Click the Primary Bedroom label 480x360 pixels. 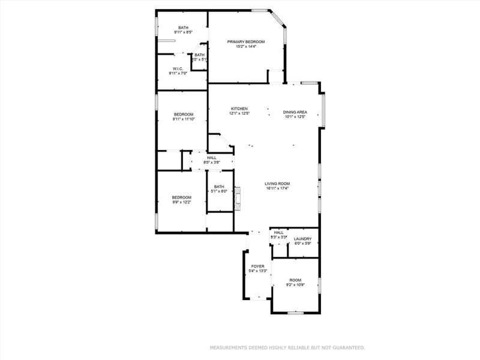246,41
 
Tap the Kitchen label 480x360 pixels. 239,109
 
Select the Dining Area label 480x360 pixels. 295,112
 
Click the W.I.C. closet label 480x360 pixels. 178,68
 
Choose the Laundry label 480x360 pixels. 302,239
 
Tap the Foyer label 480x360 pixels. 257,266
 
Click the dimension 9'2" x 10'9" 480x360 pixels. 295,285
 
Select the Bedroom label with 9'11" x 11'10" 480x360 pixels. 184,114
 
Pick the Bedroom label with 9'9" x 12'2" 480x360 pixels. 181,197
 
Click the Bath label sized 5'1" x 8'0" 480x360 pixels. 220,187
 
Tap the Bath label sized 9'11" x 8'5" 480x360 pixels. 183,28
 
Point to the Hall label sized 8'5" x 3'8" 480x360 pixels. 212,158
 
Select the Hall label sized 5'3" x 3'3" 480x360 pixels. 278,232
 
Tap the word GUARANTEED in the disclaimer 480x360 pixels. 347,347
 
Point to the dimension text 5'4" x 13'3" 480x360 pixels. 257,271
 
